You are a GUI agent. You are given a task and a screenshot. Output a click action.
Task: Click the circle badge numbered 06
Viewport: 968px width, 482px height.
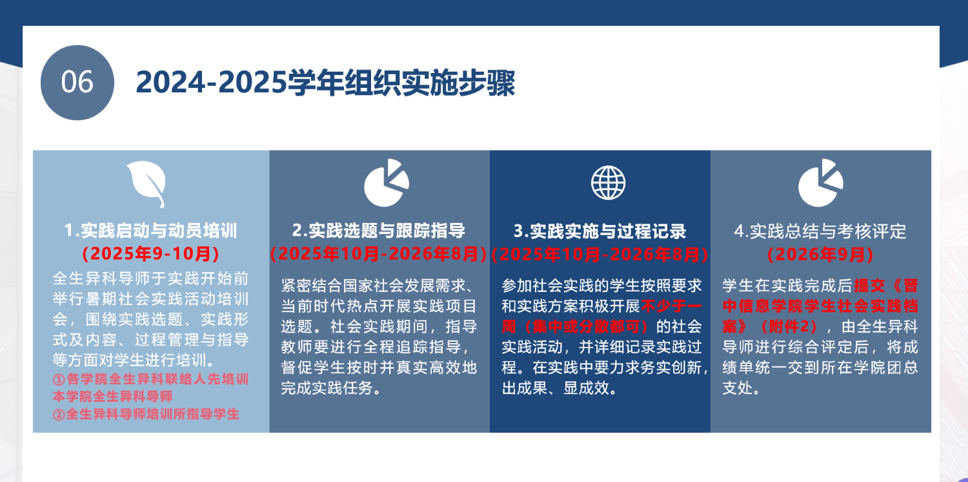pyautogui.click(x=77, y=83)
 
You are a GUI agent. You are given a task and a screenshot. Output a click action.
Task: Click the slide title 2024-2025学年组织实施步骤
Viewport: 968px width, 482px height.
pyautogui.click(x=325, y=82)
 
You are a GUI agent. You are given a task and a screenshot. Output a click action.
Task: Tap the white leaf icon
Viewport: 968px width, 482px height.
pyautogui.click(x=147, y=183)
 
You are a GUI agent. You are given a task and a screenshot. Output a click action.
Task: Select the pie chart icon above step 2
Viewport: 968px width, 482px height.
pyautogui.click(x=386, y=183)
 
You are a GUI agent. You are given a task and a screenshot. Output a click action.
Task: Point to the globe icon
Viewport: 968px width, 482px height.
pyautogui.click(x=608, y=183)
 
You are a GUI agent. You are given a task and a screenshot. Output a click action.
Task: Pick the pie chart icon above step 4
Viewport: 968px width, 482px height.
pyautogui.click(x=820, y=183)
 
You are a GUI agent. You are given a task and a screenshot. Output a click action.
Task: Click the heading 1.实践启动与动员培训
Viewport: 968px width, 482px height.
pyautogui.click(x=151, y=231)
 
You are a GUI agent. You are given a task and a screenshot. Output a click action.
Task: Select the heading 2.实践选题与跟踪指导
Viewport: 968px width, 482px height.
pyautogui.click(x=379, y=231)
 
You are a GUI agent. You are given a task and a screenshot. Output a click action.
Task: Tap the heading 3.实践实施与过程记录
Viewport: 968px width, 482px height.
pyautogui.click(x=600, y=231)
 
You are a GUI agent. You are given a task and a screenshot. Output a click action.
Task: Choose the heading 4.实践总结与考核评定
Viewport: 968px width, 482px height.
pyautogui.click(x=820, y=231)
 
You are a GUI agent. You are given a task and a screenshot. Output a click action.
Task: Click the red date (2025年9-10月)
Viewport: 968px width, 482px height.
pyautogui.click(x=151, y=253)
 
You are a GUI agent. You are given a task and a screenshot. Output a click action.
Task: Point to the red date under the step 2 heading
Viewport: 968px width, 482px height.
pyautogui.click(x=379, y=254)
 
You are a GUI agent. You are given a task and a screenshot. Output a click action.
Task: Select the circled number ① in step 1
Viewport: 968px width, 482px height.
pyautogui.click(x=59, y=380)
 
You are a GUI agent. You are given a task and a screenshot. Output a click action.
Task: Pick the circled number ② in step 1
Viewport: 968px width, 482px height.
pyautogui.click(x=59, y=415)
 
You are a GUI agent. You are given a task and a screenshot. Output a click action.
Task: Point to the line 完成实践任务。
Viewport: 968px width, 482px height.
pyautogui.click(x=331, y=388)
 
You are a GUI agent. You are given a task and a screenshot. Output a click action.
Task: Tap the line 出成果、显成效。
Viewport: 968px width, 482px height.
pyautogui.click(x=560, y=388)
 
